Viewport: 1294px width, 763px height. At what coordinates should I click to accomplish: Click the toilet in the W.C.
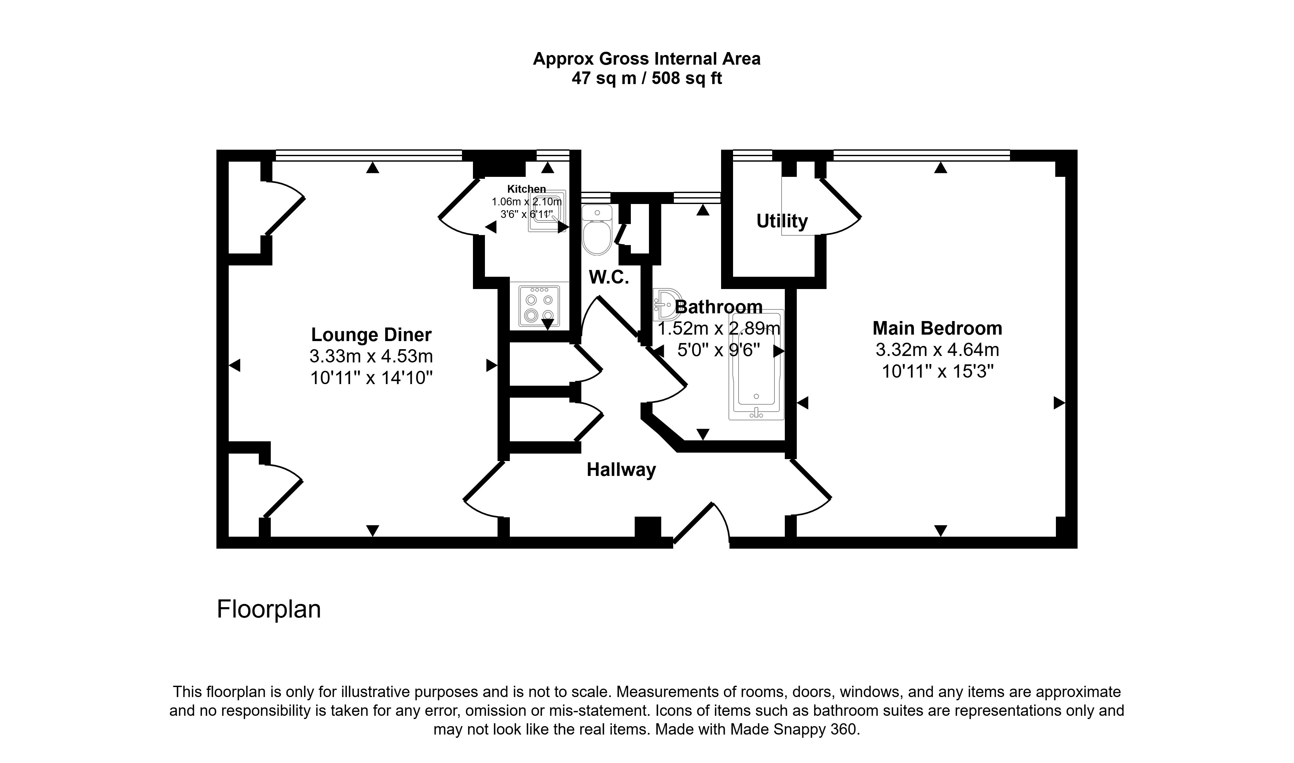[597, 231]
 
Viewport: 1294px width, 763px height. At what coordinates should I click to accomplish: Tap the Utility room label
[782, 221]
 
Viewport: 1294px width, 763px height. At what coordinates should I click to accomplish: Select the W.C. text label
[609, 278]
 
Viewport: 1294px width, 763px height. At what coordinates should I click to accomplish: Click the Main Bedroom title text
[937, 328]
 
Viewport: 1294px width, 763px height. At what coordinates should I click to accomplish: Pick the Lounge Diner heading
[371, 335]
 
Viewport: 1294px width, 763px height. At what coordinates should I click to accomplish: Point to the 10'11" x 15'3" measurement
[937, 371]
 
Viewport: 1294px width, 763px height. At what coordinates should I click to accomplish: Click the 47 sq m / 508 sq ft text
[646, 79]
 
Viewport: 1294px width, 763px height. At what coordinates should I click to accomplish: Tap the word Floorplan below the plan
[269, 609]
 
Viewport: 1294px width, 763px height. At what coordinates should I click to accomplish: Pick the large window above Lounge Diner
[369, 155]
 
